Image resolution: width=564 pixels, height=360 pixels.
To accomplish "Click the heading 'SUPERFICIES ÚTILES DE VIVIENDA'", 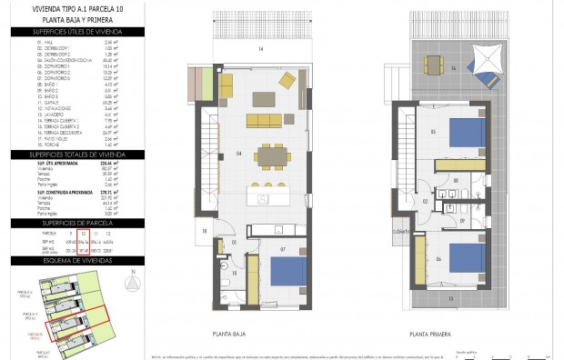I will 76,33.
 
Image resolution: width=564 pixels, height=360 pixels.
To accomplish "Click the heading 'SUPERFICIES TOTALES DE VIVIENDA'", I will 76,155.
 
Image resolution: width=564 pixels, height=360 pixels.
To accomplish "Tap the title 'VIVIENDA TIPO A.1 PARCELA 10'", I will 76,11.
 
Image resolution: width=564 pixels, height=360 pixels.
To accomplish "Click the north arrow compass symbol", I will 134,284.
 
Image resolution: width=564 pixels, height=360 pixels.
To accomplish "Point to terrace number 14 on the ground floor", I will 260,47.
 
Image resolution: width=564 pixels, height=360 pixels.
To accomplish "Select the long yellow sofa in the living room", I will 265,121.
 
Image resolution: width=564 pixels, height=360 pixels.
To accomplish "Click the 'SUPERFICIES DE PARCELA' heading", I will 76,224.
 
